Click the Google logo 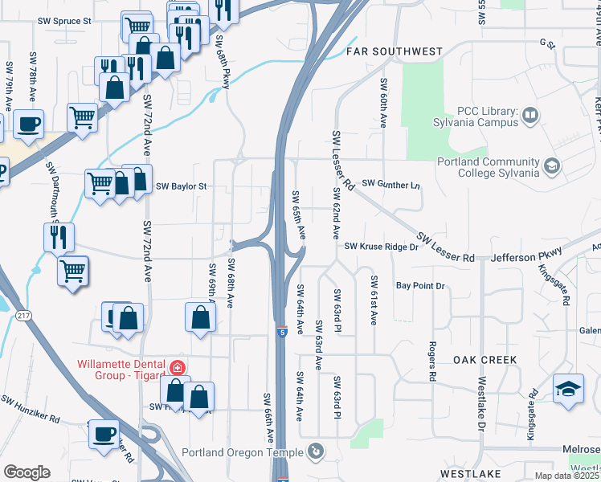point(27,472)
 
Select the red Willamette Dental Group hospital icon point(178,369)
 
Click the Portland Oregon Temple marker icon point(316,451)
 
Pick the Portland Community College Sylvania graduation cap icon point(551,167)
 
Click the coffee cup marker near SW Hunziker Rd point(104,434)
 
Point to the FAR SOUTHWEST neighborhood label point(394,51)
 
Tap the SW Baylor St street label point(182,186)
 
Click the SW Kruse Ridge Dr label point(382,247)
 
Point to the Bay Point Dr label point(419,286)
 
